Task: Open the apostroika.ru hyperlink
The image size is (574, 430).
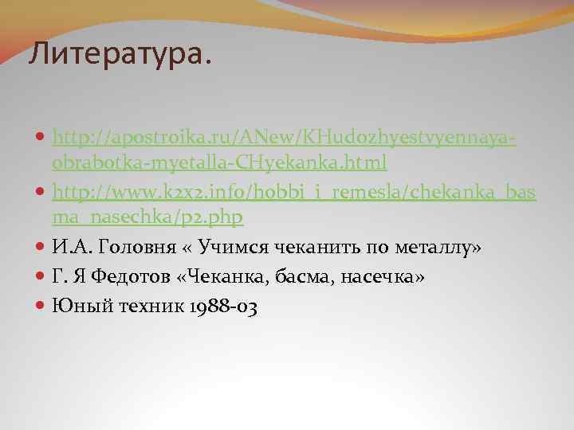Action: pyautogui.click(x=285, y=139)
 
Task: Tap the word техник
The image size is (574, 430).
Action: pyautogui.click(x=144, y=304)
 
